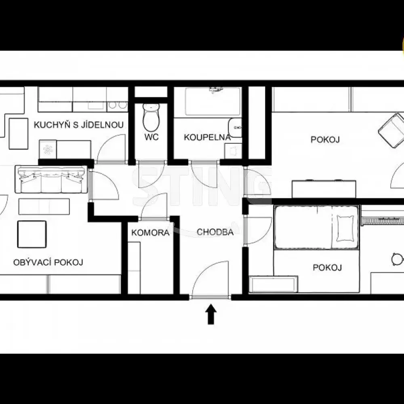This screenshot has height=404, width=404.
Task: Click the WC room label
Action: click(x=151, y=137)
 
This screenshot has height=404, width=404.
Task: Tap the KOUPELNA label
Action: click(x=207, y=137)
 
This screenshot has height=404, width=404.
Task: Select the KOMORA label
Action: click(x=150, y=233)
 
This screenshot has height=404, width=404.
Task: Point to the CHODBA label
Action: click(x=215, y=232)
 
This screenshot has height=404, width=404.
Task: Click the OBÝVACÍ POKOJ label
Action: click(x=48, y=262)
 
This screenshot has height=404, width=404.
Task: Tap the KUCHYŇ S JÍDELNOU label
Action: click(x=79, y=125)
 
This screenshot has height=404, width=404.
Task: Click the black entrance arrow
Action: click(x=211, y=314)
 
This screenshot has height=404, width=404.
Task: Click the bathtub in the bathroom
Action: click(x=213, y=101)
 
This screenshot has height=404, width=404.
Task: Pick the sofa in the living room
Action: click(x=51, y=180)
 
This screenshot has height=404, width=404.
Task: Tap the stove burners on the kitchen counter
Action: click(x=118, y=105)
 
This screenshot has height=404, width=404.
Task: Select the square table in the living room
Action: click(x=32, y=234)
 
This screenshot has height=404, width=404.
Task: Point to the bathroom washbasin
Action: click(x=235, y=128)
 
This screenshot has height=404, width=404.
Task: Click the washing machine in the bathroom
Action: click(x=233, y=151)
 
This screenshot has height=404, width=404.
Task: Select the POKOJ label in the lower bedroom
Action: click(x=327, y=267)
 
